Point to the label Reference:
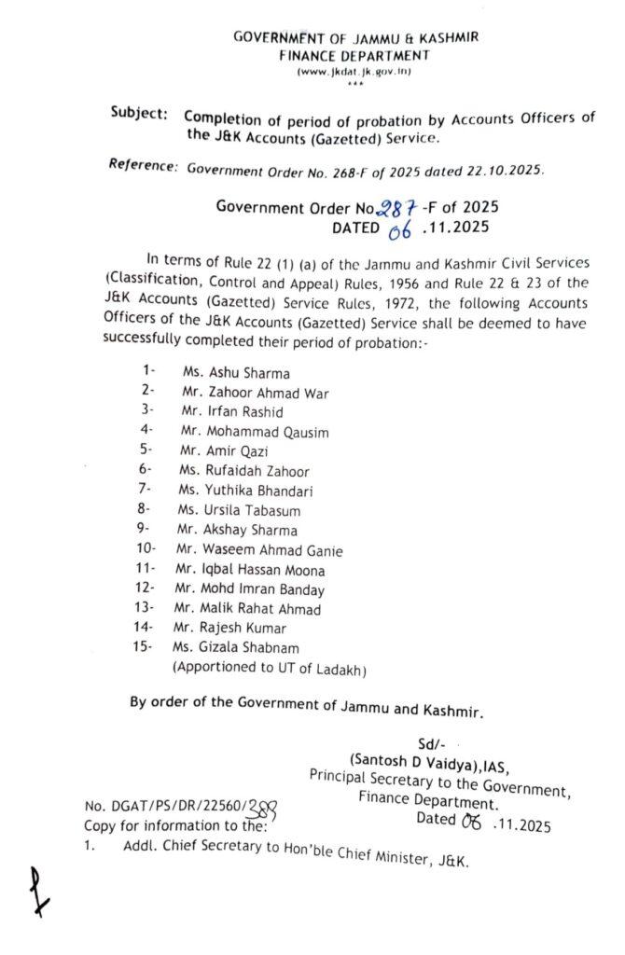pyautogui.click(x=143, y=166)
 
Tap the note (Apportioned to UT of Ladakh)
pyautogui.click(x=269, y=669)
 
